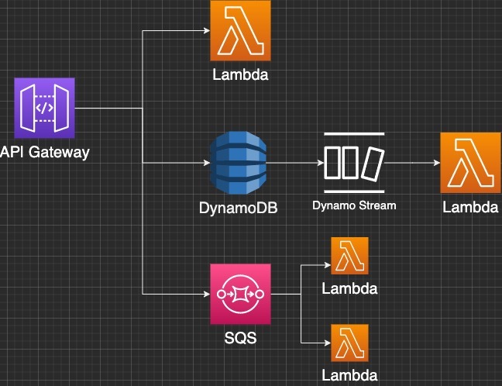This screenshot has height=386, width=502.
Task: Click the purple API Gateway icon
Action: [x=44, y=108]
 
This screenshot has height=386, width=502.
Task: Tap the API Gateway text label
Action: [x=45, y=152]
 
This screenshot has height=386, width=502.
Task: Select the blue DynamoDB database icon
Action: [x=239, y=163]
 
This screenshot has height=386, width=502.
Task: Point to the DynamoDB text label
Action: [x=239, y=207]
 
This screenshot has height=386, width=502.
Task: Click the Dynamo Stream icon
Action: [x=354, y=163]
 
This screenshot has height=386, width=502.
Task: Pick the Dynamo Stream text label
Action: [x=354, y=205]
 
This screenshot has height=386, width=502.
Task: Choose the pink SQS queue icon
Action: [x=240, y=295]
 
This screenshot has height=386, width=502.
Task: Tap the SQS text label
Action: [x=239, y=339]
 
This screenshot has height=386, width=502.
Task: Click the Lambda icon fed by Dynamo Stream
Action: [x=469, y=163]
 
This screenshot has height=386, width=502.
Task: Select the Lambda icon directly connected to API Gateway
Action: [x=240, y=30]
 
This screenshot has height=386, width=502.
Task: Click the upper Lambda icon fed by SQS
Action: [x=349, y=256]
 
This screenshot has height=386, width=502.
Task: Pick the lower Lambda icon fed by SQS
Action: [x=349, y=343]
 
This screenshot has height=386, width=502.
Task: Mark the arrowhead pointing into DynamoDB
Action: [x=206, y=163]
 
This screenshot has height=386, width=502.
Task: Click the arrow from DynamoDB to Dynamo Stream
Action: [x=294, y=163]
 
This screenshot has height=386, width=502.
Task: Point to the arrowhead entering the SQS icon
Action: [x=206, y=295]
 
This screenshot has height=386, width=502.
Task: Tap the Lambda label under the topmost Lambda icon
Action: [x=240, y=75]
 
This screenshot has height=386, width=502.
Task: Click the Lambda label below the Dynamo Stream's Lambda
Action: [x=469, y=207]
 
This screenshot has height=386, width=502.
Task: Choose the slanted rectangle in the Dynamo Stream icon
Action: [x=374, y=163]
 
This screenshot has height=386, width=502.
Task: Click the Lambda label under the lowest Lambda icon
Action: [x=350, y=376]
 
